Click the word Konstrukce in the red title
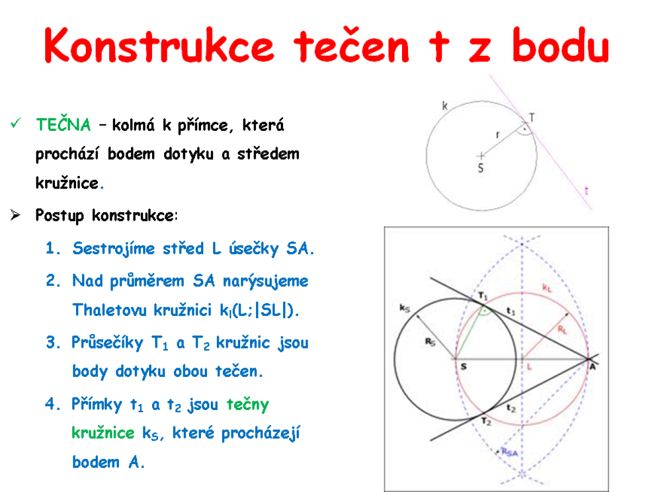pos(159,45)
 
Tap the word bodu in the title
pos(561,45)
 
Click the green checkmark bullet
pos(15,123)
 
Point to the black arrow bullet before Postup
pos(15,215)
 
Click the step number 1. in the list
pos(53,248)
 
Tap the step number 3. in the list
pos(53,342)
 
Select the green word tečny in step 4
pos(248,405)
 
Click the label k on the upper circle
pos(444,106)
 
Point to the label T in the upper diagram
pos(532,118)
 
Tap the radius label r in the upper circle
pos(498,135)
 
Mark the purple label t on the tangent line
pos(586,190)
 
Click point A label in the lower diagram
pos(592,367)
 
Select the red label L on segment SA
pos(529,367)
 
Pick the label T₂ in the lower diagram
pos(486,421)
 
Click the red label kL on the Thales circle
pos(547,288)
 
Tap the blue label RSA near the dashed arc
pos(510,452)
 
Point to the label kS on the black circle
pos(405,308)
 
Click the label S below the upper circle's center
pos(481,168)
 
